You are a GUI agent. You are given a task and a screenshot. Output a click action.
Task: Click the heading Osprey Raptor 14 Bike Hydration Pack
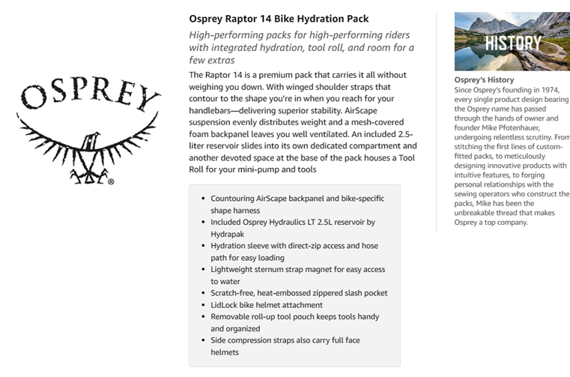pyautogui.click(x=279, y=19)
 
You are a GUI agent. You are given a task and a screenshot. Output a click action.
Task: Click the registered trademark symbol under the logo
pyautogui.click(x=111, y=181)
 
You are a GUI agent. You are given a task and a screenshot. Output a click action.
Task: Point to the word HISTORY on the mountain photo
pyautogui.click(x=512, y=43)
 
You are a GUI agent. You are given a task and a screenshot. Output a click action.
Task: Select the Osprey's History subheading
pyautogui.click(x=484, y=80)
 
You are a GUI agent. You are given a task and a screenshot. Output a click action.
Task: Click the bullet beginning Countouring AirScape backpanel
pyautogui.click(x=297, y=199)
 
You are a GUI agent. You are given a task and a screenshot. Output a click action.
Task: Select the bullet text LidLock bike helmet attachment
pyautogui.click(x=266, y=305)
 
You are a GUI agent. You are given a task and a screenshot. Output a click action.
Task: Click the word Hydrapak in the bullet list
pyautogui.click(x=228, y=234)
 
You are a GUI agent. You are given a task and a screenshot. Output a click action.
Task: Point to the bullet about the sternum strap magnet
pyautogui.click(x=297, y=270)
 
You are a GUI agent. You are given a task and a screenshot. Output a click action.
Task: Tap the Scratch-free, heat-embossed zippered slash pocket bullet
pyautogui.click(x=299, y=293)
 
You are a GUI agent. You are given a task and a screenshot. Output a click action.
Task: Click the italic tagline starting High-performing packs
pyautogui.click(x=299, y=35)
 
